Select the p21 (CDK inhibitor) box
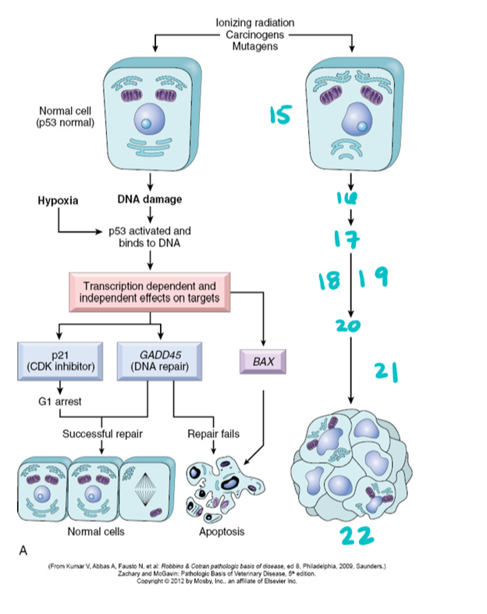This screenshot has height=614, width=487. pyautogui.click(x=60, y=359)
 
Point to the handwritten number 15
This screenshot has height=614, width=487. pyautogui.click(x=281, y=115)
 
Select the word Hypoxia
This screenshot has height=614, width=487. pyautogui.click(x=58, y=200)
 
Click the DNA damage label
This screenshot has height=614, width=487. pyautogui.click(x=149, y=199)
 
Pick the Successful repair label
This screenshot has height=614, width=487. pyautogui.click(x=101, y=433)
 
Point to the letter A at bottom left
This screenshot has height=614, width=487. pyautogui.click(x=23, y=550)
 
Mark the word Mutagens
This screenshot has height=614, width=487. pyautogui.click(x=254, y=48)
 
